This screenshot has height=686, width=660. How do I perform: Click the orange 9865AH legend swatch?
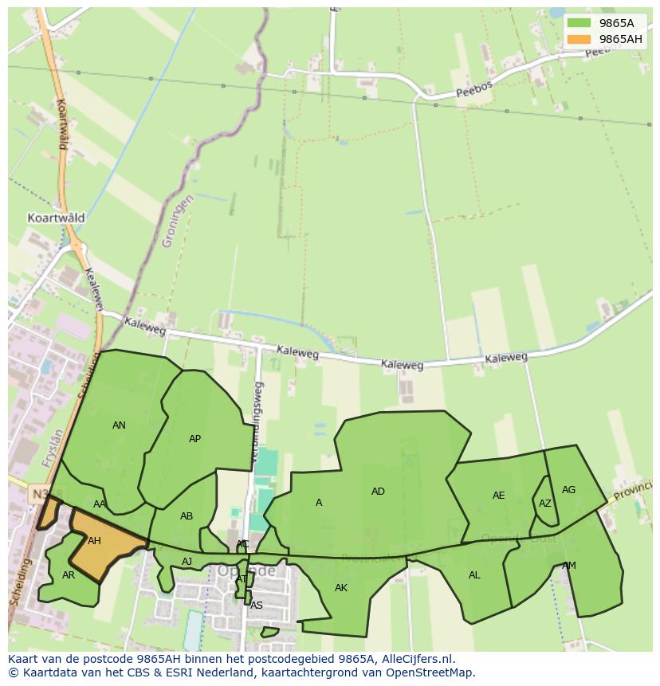coord(579,39)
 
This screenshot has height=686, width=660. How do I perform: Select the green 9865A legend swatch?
coord(579,23)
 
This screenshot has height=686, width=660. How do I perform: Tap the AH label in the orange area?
coord(94,541)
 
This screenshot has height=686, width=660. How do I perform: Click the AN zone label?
coord(119,425)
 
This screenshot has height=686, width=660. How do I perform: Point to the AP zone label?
coord(194,439)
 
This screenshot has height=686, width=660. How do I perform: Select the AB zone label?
coord(187,516)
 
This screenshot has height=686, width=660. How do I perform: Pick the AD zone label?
coord(378,492)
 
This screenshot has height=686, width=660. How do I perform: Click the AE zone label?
coord(498,496)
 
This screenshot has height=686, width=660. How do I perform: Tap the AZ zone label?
coord(544,504)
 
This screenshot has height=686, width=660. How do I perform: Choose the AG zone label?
coord(568,490)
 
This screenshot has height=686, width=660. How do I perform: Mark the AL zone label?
coord(474,575)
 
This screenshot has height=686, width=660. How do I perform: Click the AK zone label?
coord(341,588)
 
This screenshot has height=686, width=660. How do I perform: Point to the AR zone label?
coord(69,575)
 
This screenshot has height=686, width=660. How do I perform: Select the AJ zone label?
coord(187,562)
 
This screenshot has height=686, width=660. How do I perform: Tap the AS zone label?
coord(256,606)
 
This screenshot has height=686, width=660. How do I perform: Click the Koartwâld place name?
coord(56,218)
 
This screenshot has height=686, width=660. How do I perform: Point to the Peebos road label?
coord(474,89)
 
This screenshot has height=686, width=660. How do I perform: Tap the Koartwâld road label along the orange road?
coord(61,124)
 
